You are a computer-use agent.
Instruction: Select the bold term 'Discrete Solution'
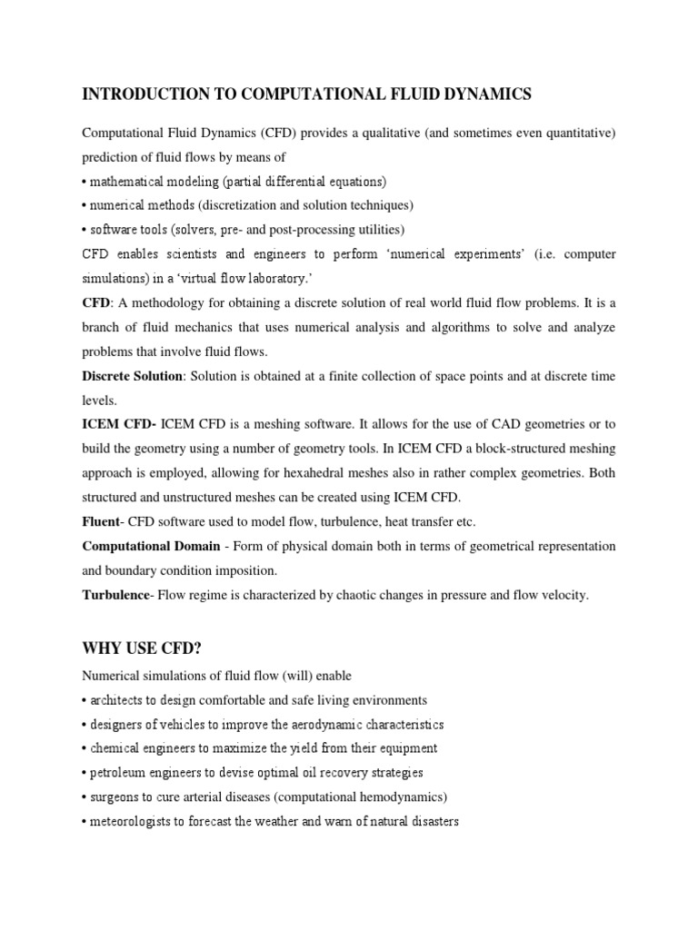pos(133,375)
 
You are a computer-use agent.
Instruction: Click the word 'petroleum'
pos(120,773)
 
